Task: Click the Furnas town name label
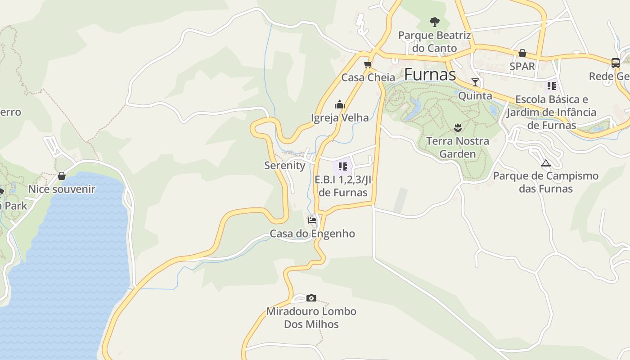430,75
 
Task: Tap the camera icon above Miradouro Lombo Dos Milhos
311,298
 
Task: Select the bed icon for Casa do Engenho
312,220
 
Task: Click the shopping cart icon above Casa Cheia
368,64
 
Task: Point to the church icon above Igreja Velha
340,105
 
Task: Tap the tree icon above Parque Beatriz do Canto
434,22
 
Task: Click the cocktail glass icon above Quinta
475,82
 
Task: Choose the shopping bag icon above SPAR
522,53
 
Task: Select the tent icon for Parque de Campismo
546,163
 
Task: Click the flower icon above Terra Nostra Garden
458,128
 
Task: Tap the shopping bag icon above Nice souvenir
62,176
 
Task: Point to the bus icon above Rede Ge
616,63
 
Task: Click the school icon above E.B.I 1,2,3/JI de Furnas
343,167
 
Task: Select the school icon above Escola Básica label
552,85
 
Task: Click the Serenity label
285,166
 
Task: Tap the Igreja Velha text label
340,118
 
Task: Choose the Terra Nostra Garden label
458,148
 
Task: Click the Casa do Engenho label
312,234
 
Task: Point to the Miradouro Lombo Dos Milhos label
311,318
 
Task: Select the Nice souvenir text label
62,189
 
